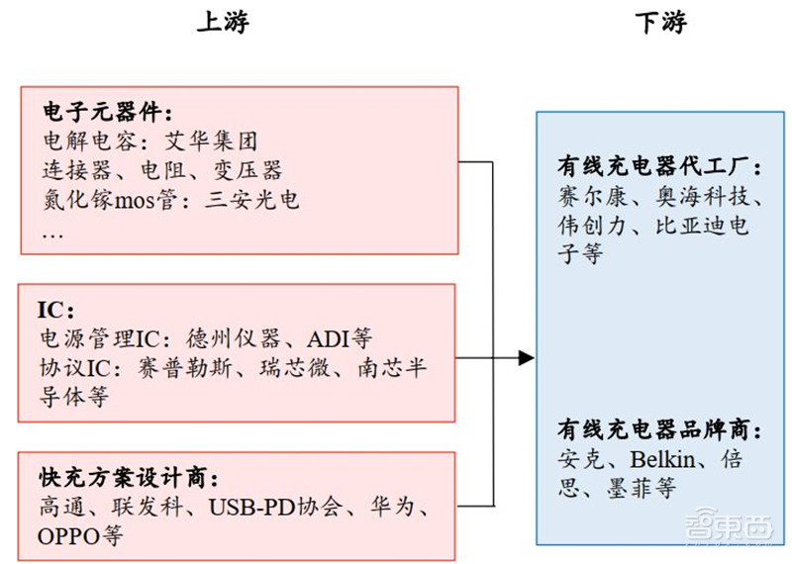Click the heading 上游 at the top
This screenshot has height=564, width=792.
(x=222, y=24)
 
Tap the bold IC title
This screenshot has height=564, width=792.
(x=55, y=309)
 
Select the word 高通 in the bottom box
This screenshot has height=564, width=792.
(x=59, y=509)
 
